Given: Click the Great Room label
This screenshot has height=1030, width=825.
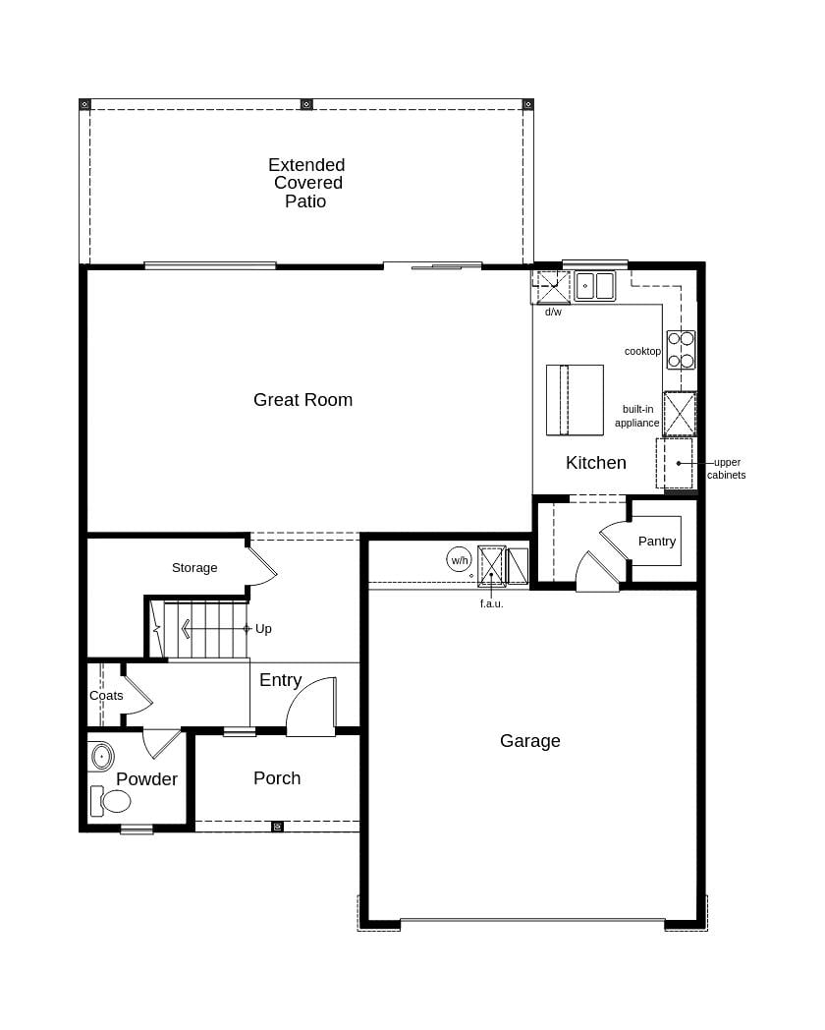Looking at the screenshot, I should point(302,400).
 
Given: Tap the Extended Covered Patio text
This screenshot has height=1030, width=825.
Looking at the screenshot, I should point(306,183).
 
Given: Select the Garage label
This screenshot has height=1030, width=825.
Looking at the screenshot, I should point(529,741).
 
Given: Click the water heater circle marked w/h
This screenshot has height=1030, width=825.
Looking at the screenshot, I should point(459,560).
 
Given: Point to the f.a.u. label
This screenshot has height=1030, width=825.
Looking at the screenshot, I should point(491,603).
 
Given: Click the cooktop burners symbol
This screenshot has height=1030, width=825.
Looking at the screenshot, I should point(681,350).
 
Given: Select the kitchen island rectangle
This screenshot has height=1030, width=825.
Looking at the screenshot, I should point(575,400).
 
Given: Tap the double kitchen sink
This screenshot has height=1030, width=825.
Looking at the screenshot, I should point(594,286).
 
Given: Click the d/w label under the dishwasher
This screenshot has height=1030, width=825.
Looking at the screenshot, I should point(553,313).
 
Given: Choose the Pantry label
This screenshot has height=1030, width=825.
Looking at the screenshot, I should point(656,542).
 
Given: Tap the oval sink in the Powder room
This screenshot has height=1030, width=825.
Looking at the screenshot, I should point(101,758).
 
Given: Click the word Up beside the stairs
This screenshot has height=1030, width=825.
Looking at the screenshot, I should point(263,629).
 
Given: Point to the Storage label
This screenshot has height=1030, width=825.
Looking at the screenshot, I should point(194,568).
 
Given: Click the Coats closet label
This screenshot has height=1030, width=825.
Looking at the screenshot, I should point(106,696).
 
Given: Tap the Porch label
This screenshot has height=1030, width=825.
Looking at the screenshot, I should point(277,778).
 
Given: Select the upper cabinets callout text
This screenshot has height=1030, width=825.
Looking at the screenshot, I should point(727,469).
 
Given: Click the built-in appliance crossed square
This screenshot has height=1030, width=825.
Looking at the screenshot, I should point(680,414).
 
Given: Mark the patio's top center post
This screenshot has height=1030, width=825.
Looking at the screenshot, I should point(306,104).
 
